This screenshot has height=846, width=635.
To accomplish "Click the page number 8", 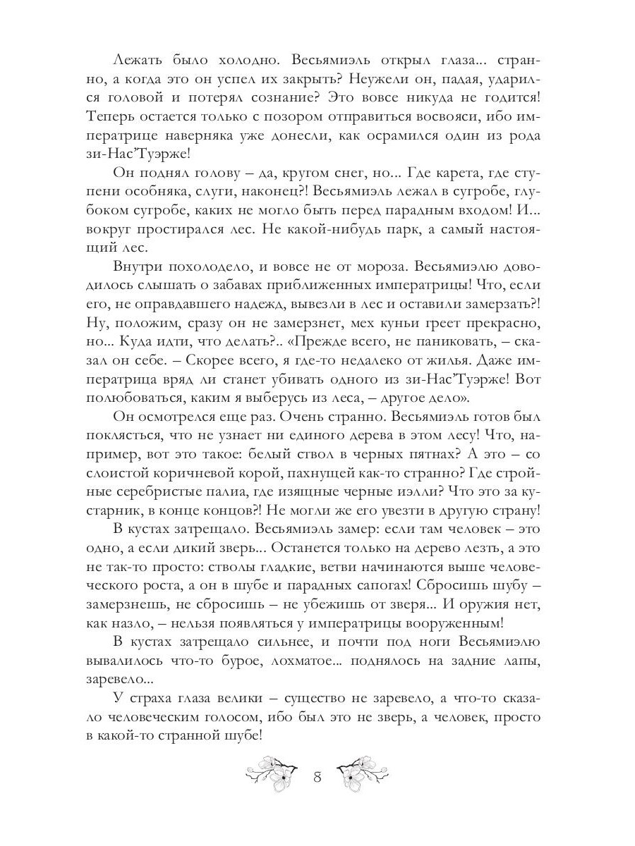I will point(317,778).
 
